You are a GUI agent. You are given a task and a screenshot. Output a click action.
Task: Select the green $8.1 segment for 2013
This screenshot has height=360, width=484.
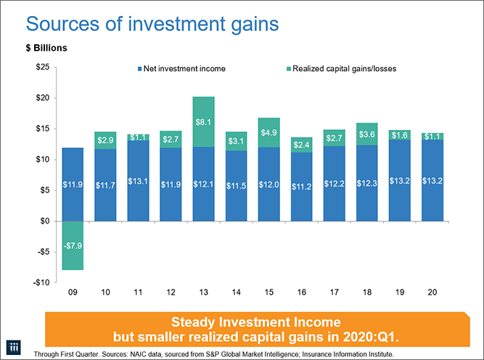pos(204,122)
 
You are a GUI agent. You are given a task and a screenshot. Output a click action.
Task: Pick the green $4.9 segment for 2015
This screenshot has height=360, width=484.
pos(269,133)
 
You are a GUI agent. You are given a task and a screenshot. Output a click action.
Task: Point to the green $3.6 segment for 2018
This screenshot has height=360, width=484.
pos(368,134)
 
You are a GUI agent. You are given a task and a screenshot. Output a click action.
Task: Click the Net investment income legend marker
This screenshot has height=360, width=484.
pos(139,69)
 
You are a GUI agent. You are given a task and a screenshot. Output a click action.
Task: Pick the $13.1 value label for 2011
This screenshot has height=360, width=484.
pos(138,181)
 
